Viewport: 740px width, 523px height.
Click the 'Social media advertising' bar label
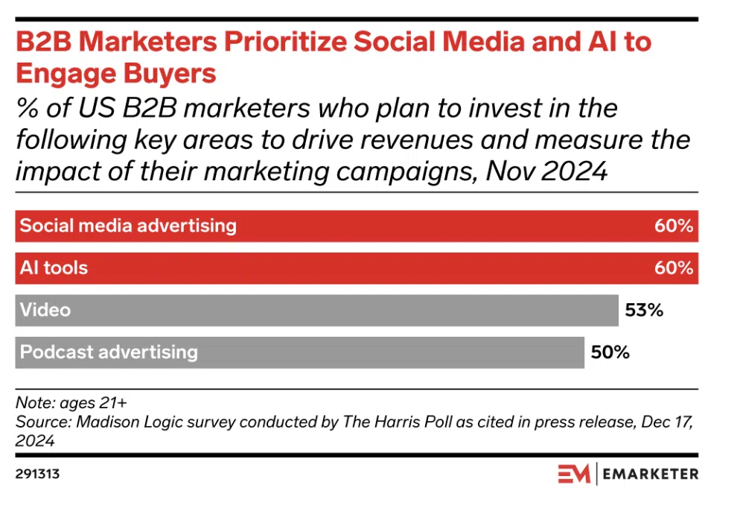click(x=128, y=226)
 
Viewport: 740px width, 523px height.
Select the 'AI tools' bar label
click(x=54, y=268)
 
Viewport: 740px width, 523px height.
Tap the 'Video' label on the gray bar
click(x=45, y=310)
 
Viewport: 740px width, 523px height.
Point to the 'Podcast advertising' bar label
click(x=109, y=352)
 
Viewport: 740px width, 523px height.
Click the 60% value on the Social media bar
click(x=674, y=226)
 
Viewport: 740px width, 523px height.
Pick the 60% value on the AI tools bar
click(x=674, y=268)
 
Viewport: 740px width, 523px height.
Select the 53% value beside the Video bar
click(x=643, y=310)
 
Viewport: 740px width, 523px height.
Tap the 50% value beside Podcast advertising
click(x=610, y=352)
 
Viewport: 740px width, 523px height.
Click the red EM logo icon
click(x=573, y=473)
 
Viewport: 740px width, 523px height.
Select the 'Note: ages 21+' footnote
click(x=71, y=403)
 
